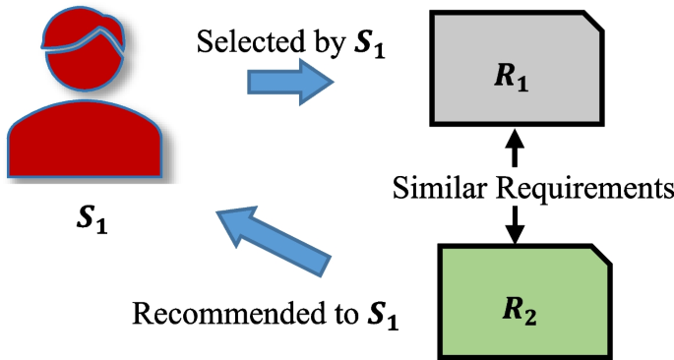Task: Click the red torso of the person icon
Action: click(x=83, y=148)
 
